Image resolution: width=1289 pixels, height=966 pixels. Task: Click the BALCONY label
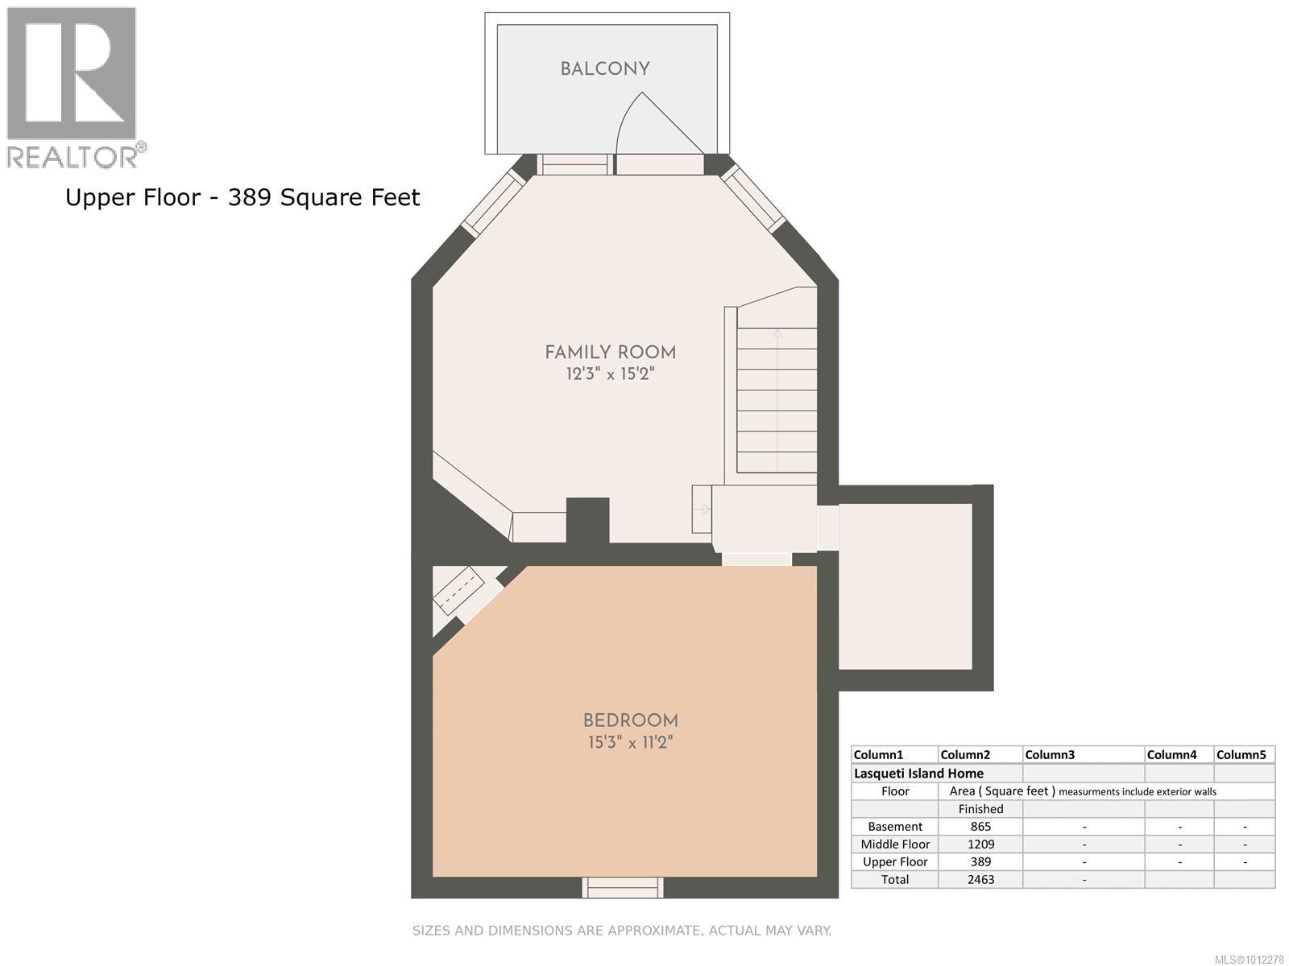coord(605,69)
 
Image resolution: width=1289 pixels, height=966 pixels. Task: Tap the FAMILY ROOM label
coord(610,353)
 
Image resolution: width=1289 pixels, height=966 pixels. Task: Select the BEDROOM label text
coord(630,720)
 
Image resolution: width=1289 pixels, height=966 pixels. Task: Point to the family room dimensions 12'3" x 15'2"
coord(610,374)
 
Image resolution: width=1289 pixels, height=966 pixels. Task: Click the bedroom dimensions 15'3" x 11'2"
coord(630,742)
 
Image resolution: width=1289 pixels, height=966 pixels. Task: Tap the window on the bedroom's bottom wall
coord(623,887)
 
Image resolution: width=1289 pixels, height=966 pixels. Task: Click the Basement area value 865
coord(980,827)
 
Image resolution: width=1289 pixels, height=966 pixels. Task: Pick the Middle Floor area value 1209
coord(980,844)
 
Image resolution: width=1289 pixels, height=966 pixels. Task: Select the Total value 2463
coord(980,879)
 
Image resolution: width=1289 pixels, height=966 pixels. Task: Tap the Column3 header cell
coord(1050,755)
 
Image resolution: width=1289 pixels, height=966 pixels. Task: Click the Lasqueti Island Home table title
coord(918,773)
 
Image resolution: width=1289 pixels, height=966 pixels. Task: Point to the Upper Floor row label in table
coord(895,861)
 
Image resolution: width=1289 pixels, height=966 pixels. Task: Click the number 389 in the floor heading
coord(250,198)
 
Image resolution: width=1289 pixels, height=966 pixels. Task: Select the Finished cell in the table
coord(980,809)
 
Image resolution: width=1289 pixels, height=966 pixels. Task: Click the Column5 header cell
coord(1241,755)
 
